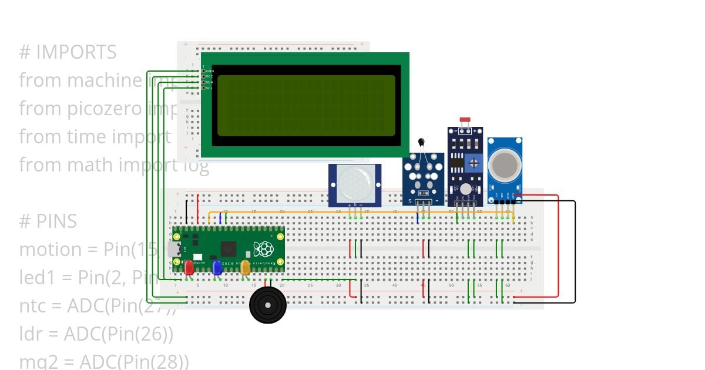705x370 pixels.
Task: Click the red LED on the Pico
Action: (x=189, y=268)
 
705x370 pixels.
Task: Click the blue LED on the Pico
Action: (x=217, y=268)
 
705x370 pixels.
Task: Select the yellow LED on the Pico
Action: (x=245, y=268)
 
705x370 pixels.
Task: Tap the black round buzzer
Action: (x=268, y=305)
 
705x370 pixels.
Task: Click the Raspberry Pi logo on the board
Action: (x=263, y=248)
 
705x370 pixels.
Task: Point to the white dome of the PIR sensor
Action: (x=355, y=184)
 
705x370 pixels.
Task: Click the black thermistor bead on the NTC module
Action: (x=421, y=142)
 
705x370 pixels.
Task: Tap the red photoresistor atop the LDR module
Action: (x=465, y=120)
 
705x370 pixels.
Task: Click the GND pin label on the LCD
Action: (x=210, y=71)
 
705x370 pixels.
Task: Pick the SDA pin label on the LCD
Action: (x=210, y=82)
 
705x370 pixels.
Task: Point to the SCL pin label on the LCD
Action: (x=210, y=88)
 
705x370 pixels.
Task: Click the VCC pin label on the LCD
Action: (x=210, y=77)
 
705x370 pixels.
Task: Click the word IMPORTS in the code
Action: (x=76, y=52)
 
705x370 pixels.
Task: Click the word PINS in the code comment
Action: (x=56, y=221)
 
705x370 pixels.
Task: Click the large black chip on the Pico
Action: (x=228, y=248)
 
